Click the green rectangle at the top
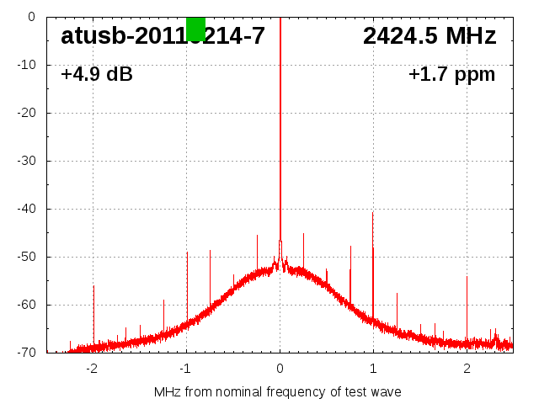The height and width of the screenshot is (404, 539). click(x=195, y=29)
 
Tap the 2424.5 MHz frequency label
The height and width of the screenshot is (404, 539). click(x=430, y=36)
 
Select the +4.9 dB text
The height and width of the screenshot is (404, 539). click(x=97, y=75)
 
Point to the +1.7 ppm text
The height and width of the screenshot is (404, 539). click(x=451, y=75)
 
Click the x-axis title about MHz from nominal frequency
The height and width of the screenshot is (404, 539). click(x=278, y=391)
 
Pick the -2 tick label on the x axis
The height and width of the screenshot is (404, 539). click(x=92, y=368)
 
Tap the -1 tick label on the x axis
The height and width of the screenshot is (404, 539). click(x=185, y=368)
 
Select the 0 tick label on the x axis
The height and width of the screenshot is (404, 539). click(x=280, y=368)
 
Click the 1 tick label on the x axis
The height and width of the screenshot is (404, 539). click(x=373, y=368)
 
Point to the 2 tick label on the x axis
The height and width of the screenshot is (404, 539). click(x=467, y=368)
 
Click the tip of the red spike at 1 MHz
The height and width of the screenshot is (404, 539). click(x=373, y=212)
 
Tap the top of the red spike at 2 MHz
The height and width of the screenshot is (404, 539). click(x=467, y=277)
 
